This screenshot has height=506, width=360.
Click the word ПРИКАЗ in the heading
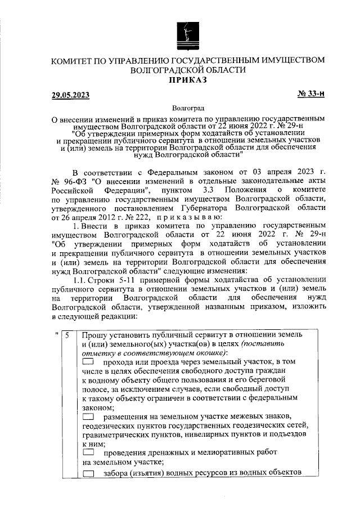point(188,80)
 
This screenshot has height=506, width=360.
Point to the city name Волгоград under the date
point(187,107)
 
